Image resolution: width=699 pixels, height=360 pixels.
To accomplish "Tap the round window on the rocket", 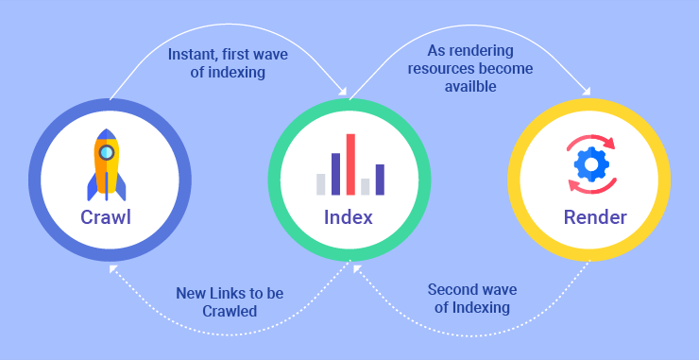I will click(106, 151).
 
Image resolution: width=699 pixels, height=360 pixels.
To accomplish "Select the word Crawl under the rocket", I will click(106, 218).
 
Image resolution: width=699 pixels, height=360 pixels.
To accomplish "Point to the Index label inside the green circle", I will click(349, 217).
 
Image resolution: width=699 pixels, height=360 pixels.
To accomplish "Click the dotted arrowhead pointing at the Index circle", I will click(356, 270).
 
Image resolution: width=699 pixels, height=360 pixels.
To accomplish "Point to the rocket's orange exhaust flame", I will click(106, 195).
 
